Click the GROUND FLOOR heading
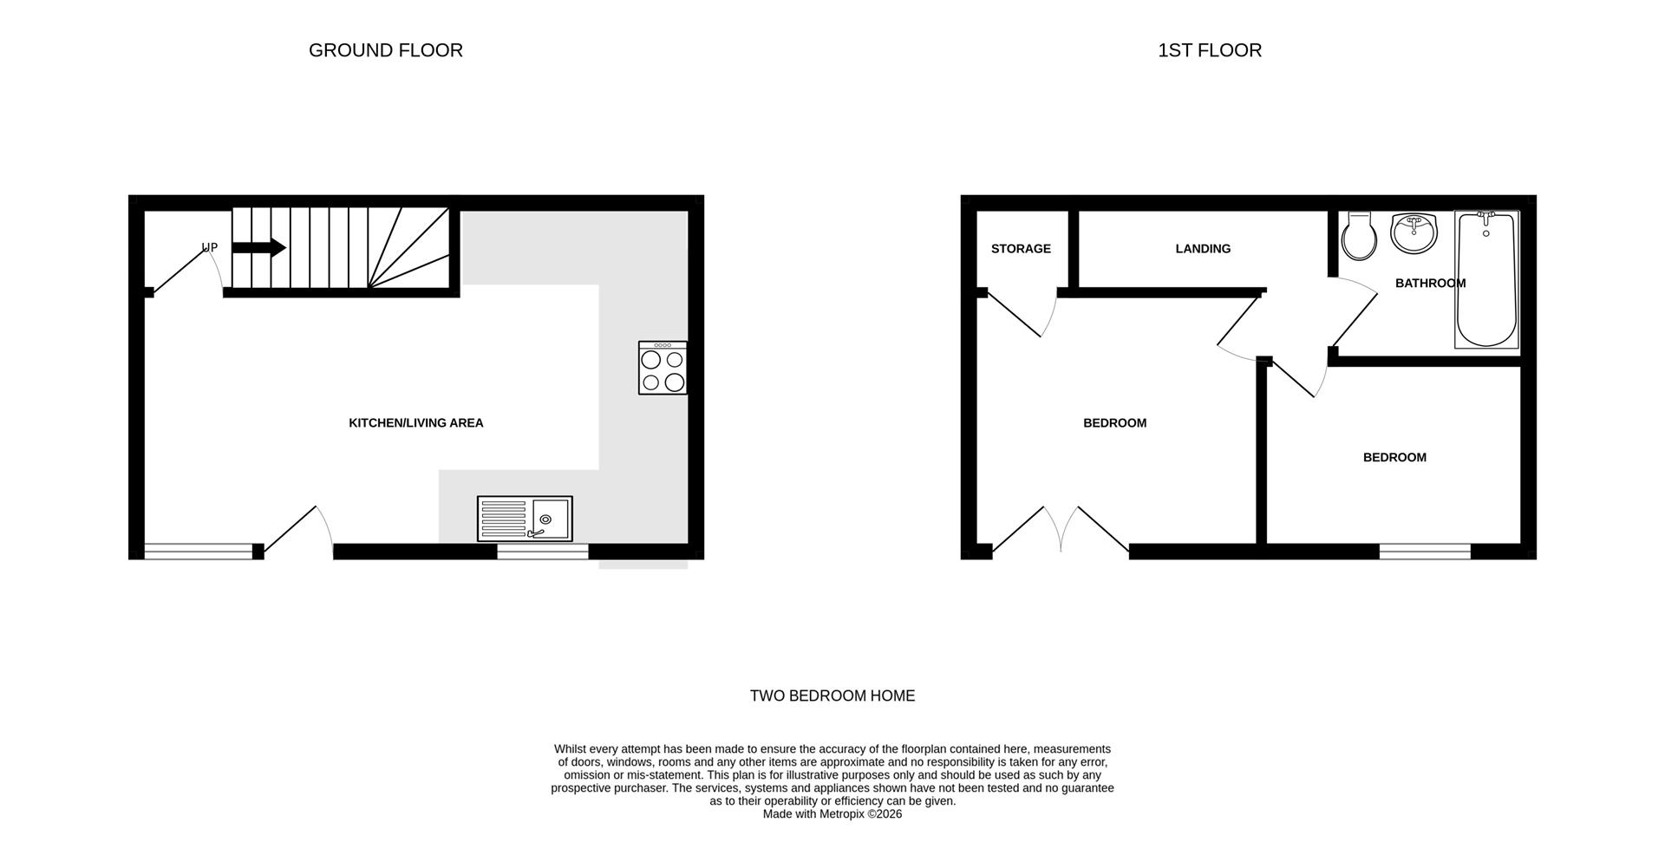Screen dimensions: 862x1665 pos(385,50)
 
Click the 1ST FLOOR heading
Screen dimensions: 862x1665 pos(1209,50)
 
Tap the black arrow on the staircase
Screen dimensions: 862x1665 pos(258,247)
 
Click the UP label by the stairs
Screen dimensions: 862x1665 pos(209,247)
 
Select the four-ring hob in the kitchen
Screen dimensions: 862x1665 pos(663,369)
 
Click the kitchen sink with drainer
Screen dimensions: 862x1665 pos(525,519)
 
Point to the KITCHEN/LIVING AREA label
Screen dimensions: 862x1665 pos(415,423)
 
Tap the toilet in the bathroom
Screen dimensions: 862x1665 pos(1358,237)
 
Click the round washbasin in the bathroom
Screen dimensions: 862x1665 pos(1414,233)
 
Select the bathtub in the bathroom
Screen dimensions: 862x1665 pos(1486,279)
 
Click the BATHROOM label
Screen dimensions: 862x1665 pos(1430,284)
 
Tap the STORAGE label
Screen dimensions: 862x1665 pos(1021,249)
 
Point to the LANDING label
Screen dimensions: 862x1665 pos(1203,249)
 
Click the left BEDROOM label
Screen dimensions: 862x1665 pos(1114,423)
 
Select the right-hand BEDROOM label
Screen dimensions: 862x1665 pos(1394,458)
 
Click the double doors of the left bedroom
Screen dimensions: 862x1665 pos(1061,529)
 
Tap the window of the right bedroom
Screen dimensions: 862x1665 pos(1425,551)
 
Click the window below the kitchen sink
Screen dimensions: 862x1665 pos(542,551)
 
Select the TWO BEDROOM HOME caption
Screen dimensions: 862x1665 pos(832,695)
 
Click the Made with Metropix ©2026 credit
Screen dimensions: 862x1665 pos(832,814)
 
